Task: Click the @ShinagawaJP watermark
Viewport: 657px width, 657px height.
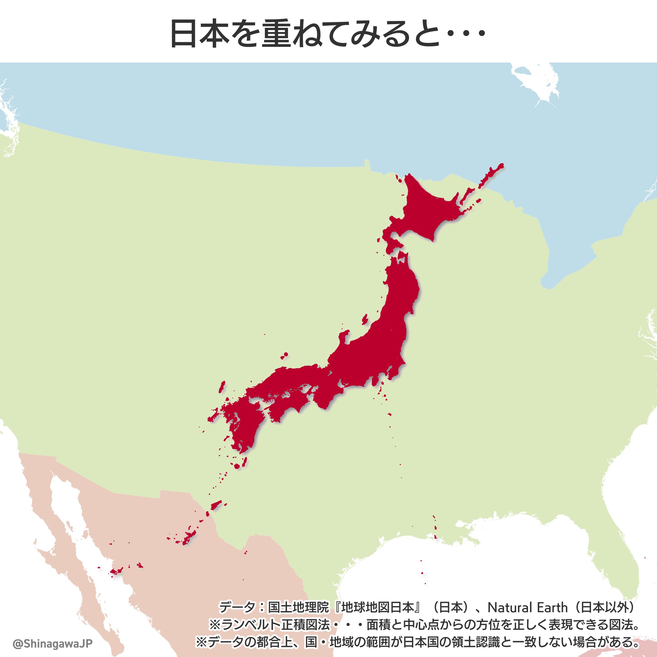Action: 52,643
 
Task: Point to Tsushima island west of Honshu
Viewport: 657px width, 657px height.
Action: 222,387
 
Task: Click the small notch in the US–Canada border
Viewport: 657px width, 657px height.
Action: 367,163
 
